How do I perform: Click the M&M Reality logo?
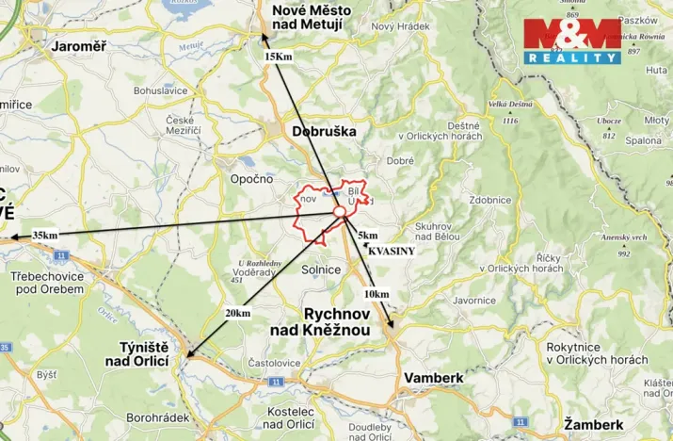[x=572, y=41]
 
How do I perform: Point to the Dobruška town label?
[x=324, y=132]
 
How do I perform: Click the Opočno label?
[x=251, y=178]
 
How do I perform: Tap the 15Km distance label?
[x=278, y=57]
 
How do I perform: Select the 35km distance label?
[x=43, y=235]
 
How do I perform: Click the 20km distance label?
[x=238, y=313]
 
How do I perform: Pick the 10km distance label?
[x=376, y=294]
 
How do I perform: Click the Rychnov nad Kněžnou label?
[x=345, y=321]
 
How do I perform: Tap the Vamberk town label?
[x=433, y=377]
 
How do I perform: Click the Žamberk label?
[x=594, y=425]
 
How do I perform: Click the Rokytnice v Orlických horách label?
[x=597, y=352]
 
